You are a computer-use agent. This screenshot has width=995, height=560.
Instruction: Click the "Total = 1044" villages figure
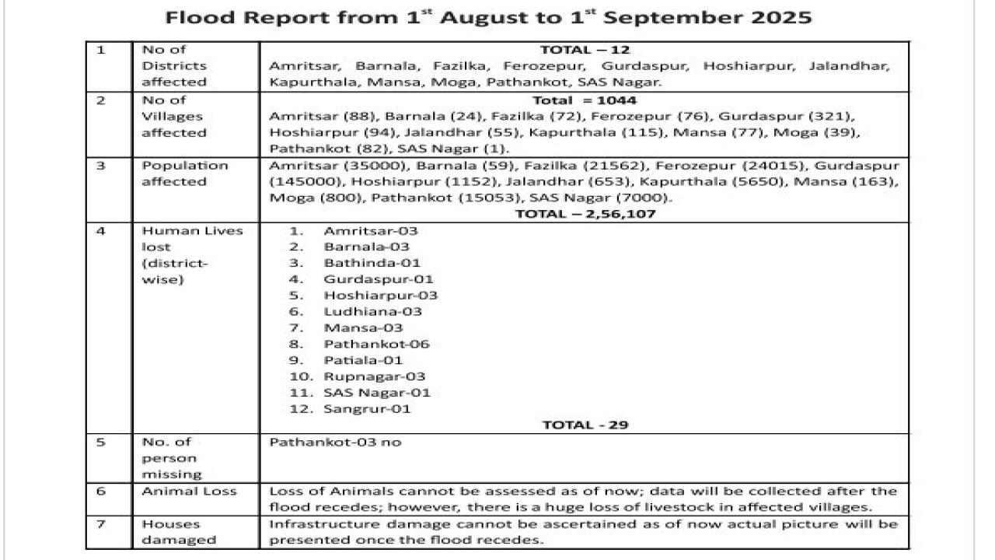(584, 100)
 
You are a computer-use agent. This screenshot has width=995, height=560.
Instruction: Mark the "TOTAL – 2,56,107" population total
(585, 214)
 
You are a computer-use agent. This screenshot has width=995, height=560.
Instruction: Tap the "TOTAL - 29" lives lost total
(585, 425)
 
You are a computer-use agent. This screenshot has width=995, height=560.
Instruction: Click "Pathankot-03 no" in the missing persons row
(335, 443)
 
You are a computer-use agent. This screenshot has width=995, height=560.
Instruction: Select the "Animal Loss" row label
(189, 492)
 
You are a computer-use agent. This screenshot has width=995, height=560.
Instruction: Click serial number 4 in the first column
(101, 231)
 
